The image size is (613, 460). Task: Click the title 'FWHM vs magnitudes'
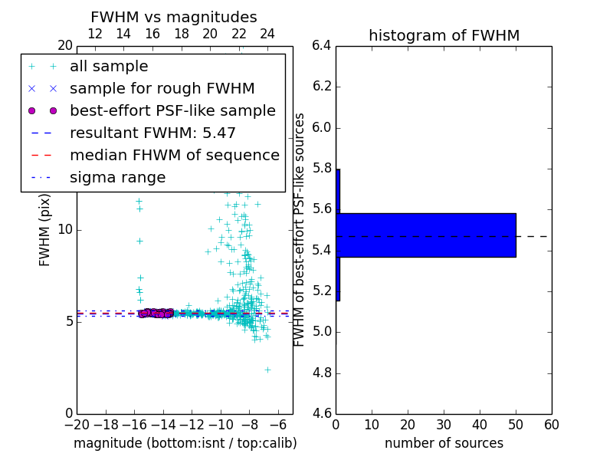pos(173,17)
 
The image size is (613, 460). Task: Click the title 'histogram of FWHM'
pos(444,35)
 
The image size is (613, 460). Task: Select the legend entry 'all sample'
pos(109,67)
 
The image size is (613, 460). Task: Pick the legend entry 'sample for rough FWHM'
pos(162,88)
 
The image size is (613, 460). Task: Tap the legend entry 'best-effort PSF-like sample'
pos(172,110)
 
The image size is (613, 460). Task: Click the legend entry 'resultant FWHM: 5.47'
pos(152,133)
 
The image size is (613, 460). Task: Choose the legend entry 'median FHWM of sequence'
pos(174,155)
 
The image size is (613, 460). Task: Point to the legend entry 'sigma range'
pos(117,177)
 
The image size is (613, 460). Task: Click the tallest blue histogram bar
pos(426,235)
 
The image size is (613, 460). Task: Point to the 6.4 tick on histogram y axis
pos(321,46)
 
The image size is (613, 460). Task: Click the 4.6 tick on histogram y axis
pos(321,414)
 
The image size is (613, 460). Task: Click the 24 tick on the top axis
pos(267,34)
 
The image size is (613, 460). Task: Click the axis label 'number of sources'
pos(444,443)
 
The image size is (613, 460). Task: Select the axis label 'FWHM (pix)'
pos(45,230)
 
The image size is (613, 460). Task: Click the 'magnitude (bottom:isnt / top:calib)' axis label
pos(185,443)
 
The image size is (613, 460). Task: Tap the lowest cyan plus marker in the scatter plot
pos(267,370)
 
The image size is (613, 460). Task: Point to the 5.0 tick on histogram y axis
pos(321,332)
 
